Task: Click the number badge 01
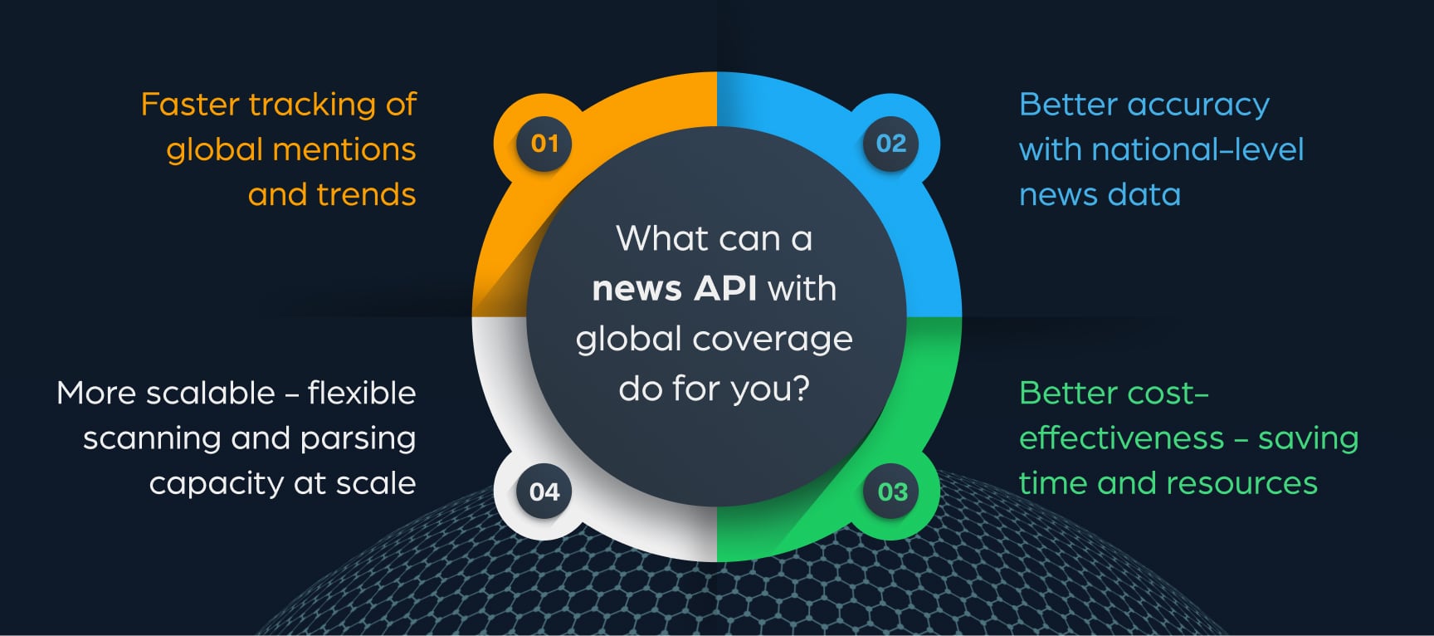[x=544, y=144]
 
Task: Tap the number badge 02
[x=891, y=144]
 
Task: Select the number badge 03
[x=892, y=492]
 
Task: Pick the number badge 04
[x=544, y=492]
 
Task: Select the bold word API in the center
[x=725, y=289]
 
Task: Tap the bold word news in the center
[x=637, y=290]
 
